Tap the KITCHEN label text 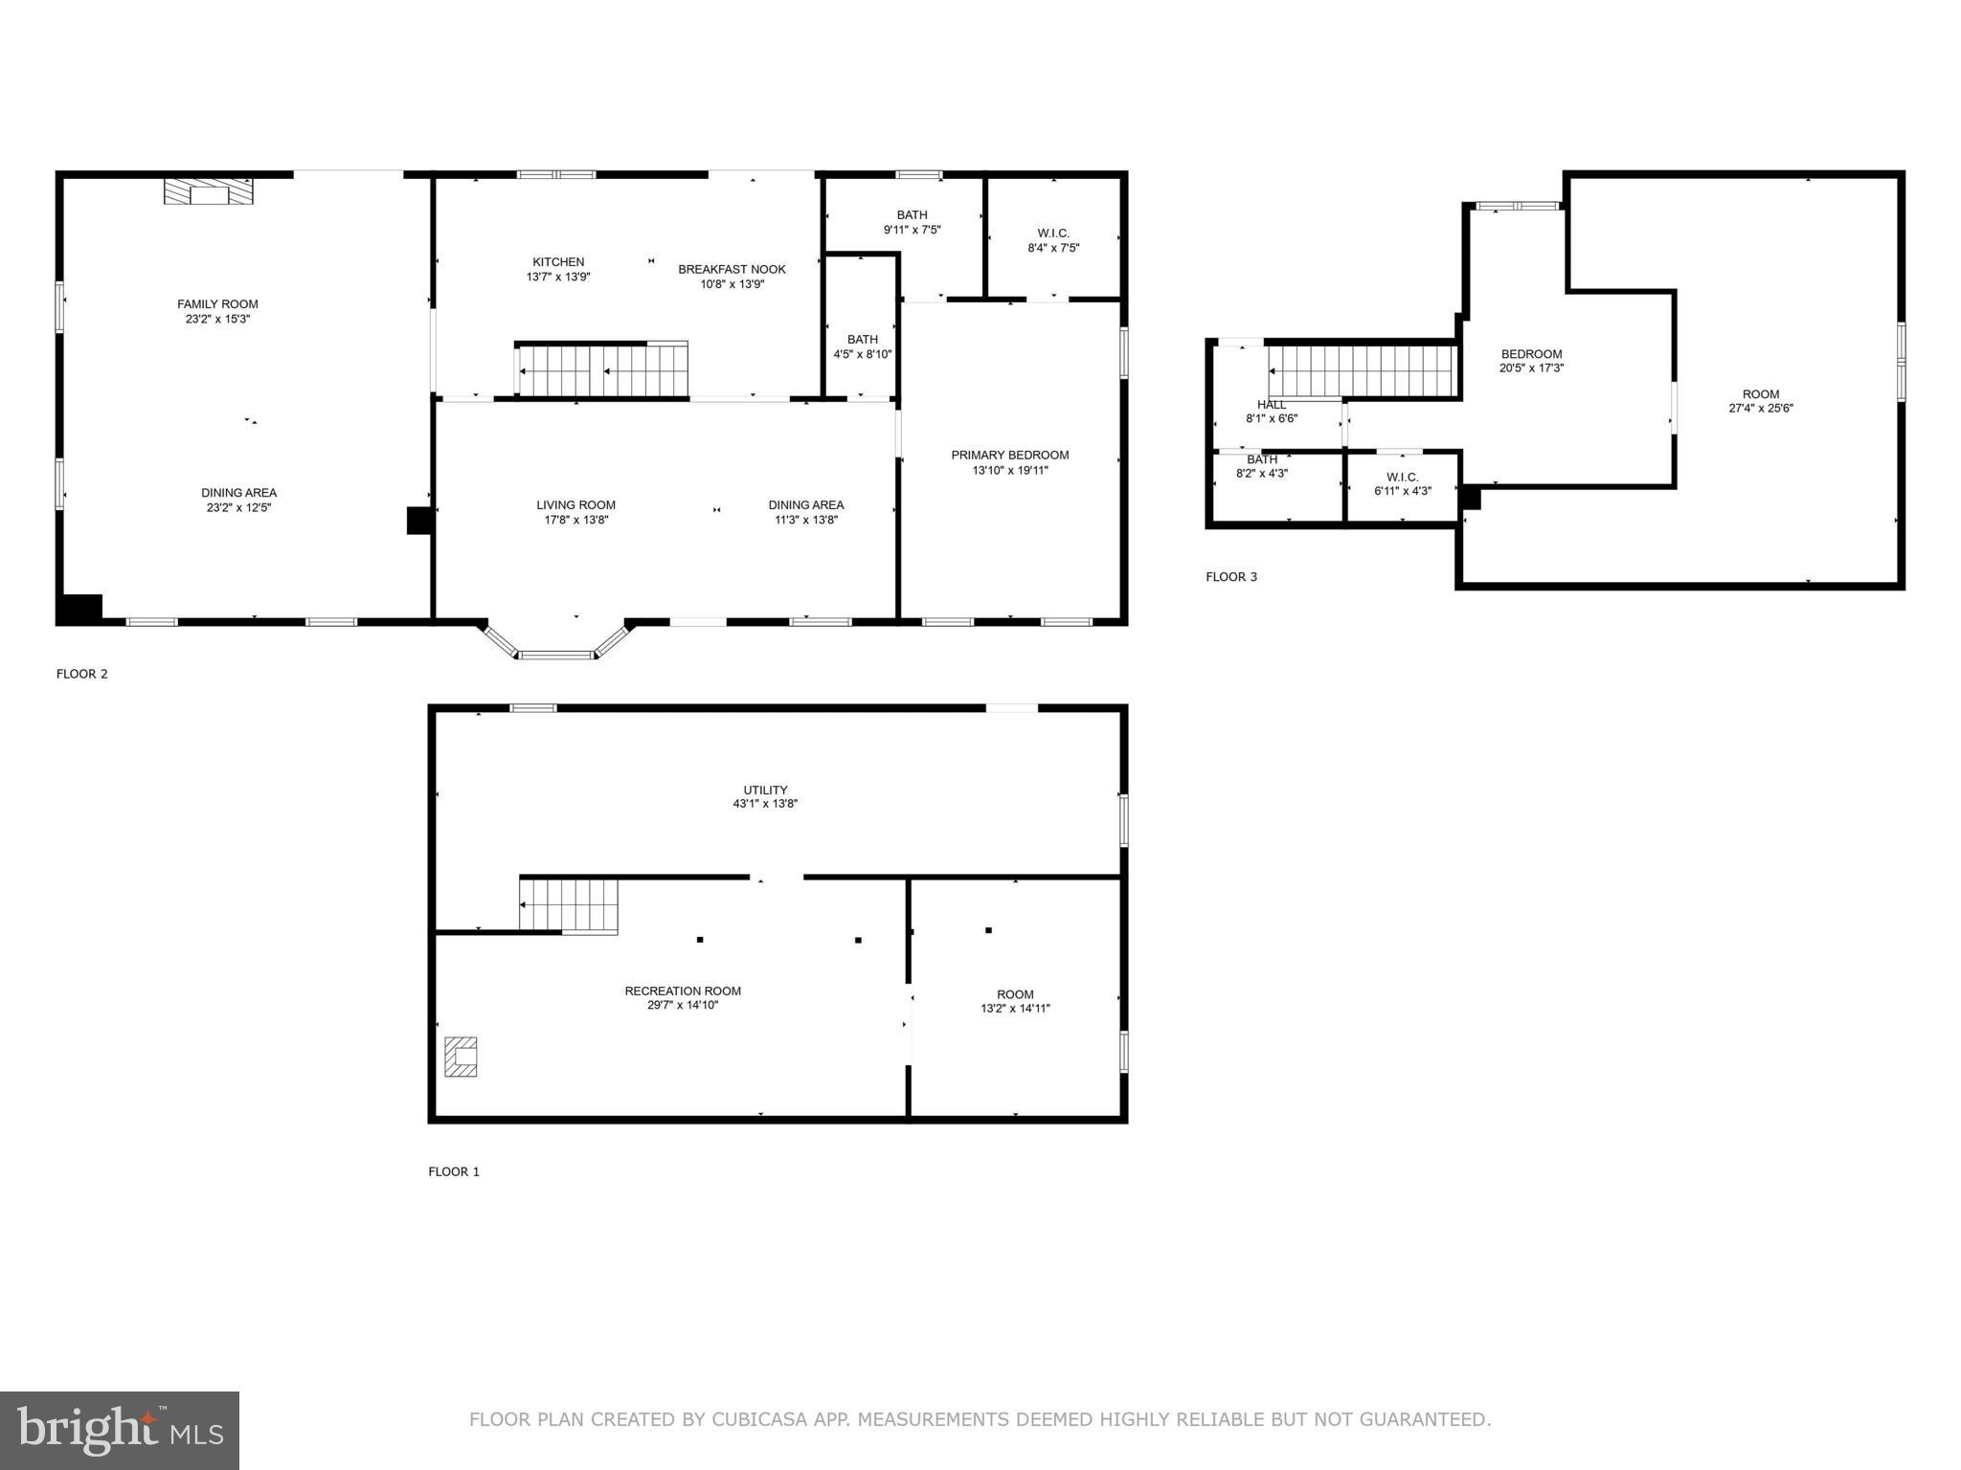click(x=558, y=262)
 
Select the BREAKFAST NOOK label click(x=732, y=270)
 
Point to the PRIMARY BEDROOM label click(x=1009, y=456)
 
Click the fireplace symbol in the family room click(x=210, y=192)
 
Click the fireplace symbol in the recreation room click(x=461, y=1057)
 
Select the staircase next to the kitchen click(x=601, y=370)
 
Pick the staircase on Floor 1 click(x=569, y=905)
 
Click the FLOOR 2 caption click(x=82, y=674)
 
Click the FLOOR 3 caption click(x=1231, y=577)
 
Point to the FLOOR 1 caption click(x=454, y=1171)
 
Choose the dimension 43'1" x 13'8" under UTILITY click(x=765, y=804)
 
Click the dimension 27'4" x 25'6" click(x=1760, y=408)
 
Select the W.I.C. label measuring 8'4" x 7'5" click(x=1053, y=234)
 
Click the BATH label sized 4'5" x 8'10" click(x=862, y=340)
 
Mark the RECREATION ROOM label click(x=683, y=991)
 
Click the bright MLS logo click(x=120, y=1431)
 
